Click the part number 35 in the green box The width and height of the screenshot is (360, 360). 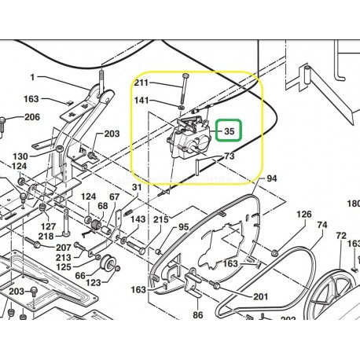pyautogui.click(x=230, y=130)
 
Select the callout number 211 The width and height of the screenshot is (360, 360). pyautogui.click(x=141, y=82)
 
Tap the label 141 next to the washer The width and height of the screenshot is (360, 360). pyautogui.click(x=141, y=101)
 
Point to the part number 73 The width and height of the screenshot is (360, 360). pyautogui.click(x=230, y=157)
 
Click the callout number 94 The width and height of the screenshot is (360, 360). pyautogui.click(x=271, y=179)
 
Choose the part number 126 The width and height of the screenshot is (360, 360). pyautogui.click(x=303, y=214)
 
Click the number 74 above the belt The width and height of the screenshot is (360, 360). pyautogui.click(x=321, y=225)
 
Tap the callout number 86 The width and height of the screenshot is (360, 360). pyautogui.click(x=198, y=314)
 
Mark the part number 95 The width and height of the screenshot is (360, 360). pyautogui.click(x=183, y=227)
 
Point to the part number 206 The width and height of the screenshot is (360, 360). pyautogui.click(x=31, y=117)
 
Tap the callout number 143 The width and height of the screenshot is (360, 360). pyautogui.click(x=138, y=219)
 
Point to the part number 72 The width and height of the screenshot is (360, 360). pyautogui.click(x=340, y=236)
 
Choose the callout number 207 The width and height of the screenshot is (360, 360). pyautogui.click(x=63, y=247)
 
